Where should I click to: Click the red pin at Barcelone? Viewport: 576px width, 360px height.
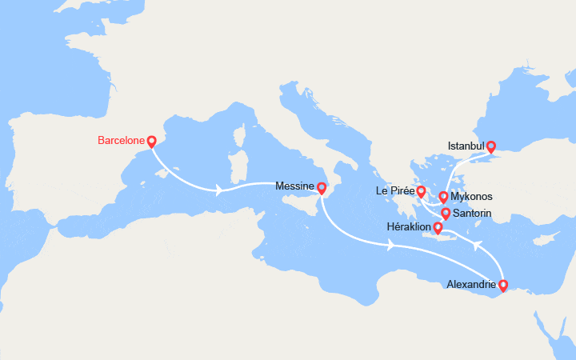tap(151, 142)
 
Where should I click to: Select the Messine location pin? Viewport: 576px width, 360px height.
tap(321, 189)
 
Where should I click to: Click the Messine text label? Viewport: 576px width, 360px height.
tap(294, 186)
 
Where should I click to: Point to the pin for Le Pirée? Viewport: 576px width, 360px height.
tap(421, 192)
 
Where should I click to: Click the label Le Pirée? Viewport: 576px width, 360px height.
tap(395, 191)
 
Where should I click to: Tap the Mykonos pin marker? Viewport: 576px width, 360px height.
tap(443, 198)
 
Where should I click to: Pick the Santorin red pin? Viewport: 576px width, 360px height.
tap(446, 214)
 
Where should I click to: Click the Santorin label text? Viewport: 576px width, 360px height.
tap(472, 214)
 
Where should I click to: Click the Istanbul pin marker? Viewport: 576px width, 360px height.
tap(491, 147)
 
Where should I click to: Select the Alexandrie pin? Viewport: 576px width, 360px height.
tap(502, 285)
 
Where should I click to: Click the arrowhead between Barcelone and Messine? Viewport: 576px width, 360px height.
tap(219, 190)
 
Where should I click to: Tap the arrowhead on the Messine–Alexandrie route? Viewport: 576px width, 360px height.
tap(390, 245)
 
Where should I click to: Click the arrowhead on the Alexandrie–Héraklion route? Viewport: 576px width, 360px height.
tap(477, 244)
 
